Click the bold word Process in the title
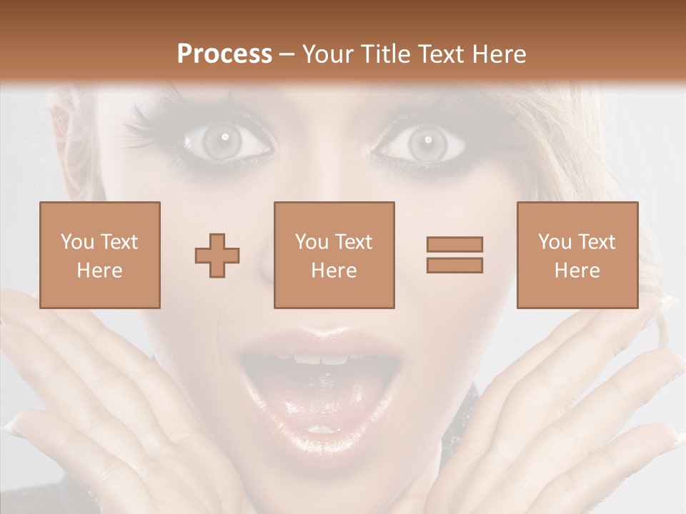224,54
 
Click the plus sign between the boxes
217,255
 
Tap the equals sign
454,255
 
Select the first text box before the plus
99,255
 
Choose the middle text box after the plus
334,255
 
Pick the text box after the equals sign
577,255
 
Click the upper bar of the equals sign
454,244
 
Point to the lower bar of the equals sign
454,265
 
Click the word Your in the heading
325,54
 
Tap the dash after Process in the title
287,54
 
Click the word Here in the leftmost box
99,271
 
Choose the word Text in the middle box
355,242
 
